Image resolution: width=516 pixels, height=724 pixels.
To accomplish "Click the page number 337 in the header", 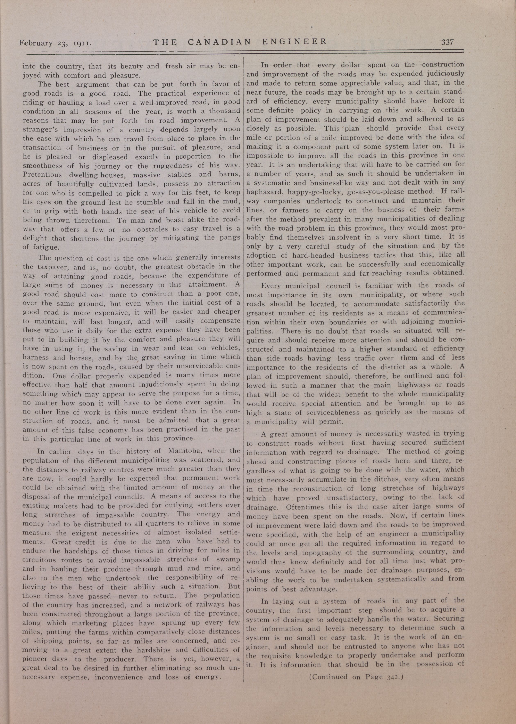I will click(447, 42).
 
